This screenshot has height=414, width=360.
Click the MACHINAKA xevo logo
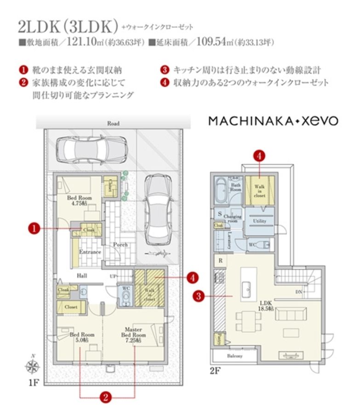point(273,121)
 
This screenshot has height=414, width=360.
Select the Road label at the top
point(113,123)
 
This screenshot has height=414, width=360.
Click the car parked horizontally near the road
point(87,148)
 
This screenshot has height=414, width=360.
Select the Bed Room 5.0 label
point(82,337)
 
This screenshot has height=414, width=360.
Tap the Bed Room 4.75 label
point(79,201)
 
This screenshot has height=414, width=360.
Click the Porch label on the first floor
point(120,245)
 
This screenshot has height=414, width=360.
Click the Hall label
point(82,275)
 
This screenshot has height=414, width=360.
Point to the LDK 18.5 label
point(266,305)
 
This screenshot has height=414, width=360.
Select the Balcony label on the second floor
point(235,356)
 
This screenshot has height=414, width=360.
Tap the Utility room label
point(260,221)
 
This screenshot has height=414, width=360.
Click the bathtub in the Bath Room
point(220,190)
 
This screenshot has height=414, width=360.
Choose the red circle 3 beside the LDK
point(198,297)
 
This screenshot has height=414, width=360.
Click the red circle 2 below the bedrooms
point(106,397)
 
